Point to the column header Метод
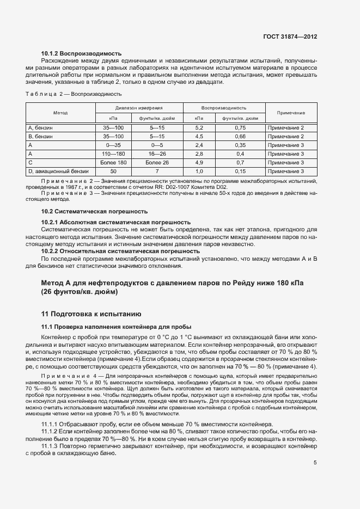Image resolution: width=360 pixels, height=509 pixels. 60,113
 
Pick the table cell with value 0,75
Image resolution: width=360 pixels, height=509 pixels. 240,127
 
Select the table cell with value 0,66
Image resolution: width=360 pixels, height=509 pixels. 240,136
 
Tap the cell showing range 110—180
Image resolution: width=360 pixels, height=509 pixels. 113,154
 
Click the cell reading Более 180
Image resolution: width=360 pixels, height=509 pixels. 113,163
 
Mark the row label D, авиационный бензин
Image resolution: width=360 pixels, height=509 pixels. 57,171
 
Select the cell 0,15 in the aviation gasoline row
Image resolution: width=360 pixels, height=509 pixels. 240,171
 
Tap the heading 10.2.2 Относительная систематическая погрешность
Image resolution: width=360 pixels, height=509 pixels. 121,252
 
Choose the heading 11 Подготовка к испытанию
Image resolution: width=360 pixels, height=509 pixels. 91,314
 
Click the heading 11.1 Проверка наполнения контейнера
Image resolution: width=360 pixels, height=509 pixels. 115,326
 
